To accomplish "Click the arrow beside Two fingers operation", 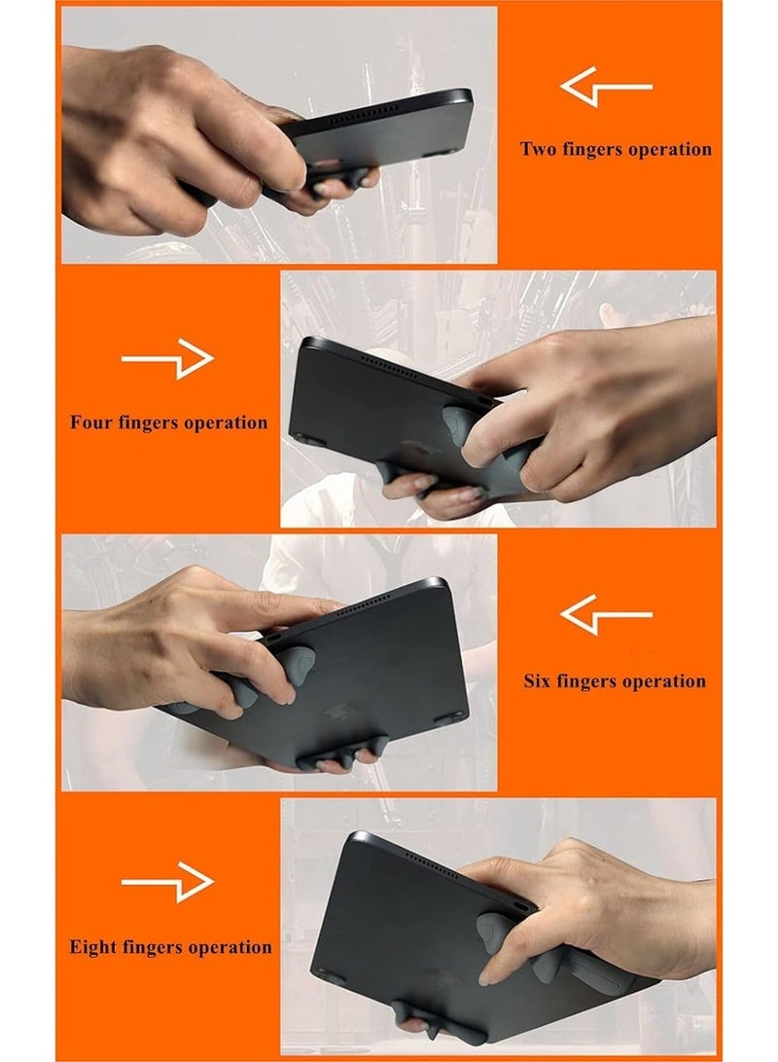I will tap(606, 88).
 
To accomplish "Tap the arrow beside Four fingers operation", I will tap(167, 359).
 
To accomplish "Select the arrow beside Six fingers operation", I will tap(606, 615).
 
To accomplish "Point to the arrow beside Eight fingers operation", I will tap(167, 883).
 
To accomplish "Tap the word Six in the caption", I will tap(541, 680).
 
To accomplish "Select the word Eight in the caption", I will tap(94, 947).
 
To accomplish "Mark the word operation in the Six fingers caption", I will tap(660, 680).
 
